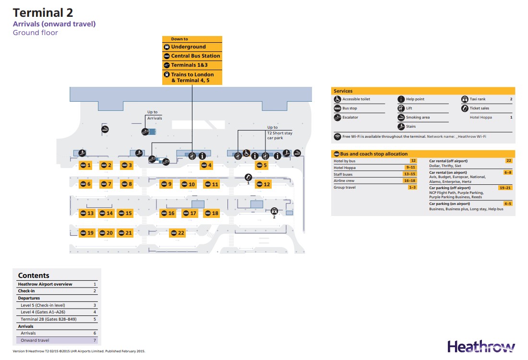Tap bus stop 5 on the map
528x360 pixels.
click(262, 166)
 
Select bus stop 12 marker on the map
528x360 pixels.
click(263, 184)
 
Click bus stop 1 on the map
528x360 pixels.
click(85, 166)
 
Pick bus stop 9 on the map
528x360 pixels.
click(166, 184)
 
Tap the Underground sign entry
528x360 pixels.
click(192, 47)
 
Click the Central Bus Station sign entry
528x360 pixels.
click(192, 56)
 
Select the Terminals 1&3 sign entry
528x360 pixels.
click(192, 65)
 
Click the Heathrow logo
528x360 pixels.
click(481, 347)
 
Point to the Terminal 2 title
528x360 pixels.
click(43, 13)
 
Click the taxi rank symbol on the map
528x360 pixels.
click(274, 210)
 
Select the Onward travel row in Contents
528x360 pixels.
click(57, 340)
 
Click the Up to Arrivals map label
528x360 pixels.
click(155, 115)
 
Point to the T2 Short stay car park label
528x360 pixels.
click(279, 133)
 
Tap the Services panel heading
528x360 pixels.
click(343, 91)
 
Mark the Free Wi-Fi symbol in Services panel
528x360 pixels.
click(337, 137)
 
